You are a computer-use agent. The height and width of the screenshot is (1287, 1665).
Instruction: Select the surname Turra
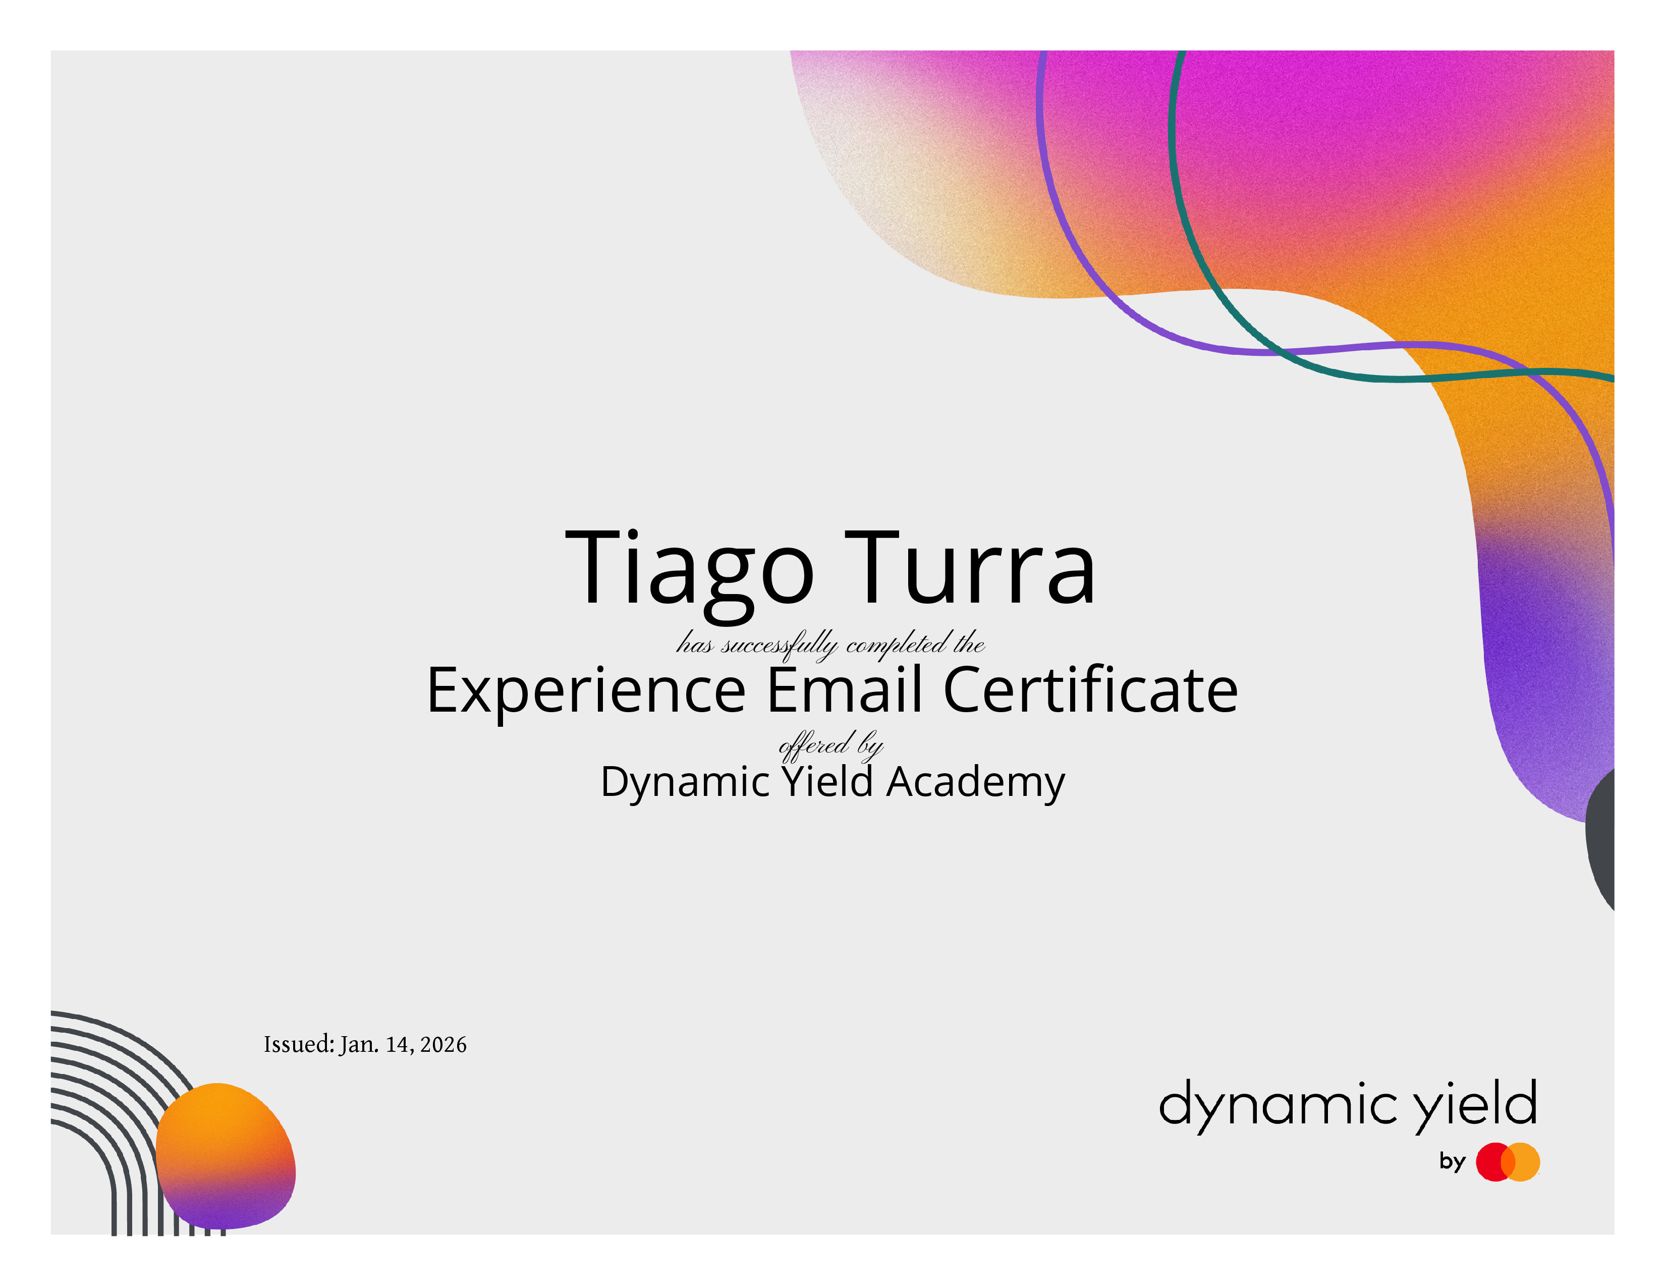(x=970, y=568)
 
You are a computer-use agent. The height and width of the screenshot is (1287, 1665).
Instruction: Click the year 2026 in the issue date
(x=443, y=1045)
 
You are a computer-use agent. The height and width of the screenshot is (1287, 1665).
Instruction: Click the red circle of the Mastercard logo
(x=1495, y=1162)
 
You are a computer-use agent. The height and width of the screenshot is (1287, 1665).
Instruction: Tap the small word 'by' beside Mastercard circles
(x=1452, y=1161)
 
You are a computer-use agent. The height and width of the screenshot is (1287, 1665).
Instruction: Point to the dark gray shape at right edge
(x=1601, y=839)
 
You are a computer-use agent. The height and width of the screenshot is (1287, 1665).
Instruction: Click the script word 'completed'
(x=896, y=645)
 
